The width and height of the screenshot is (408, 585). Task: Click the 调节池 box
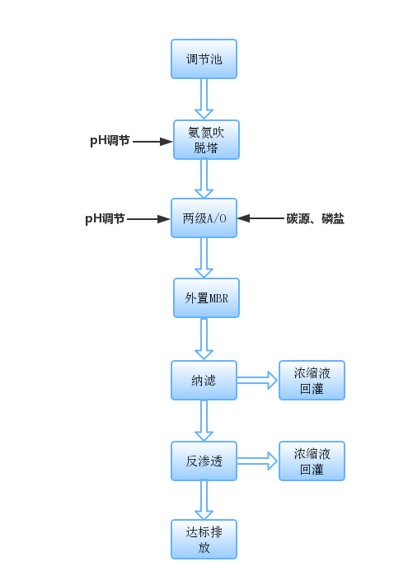(204, 59)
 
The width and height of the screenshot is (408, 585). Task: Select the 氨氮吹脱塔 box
(206, 139)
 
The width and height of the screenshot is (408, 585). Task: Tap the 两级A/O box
(204, 218)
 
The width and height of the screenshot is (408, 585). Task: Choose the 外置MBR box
(206, 297)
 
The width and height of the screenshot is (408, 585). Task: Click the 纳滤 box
(204, 380)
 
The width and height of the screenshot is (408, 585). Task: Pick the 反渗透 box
(204, 461)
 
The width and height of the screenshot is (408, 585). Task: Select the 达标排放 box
(204, 539)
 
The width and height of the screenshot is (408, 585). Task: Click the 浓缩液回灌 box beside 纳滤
(312, 380)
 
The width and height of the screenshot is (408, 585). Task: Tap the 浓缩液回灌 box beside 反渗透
(312, 461)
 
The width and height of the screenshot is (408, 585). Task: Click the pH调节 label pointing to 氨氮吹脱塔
(110, 141)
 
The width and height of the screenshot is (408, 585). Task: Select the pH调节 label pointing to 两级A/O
(105, 218)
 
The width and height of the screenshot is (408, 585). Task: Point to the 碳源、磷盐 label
(315, 218)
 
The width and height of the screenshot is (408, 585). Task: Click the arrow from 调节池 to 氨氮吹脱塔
(204, 99)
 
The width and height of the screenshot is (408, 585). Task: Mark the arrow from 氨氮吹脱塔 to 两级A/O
(204, 178)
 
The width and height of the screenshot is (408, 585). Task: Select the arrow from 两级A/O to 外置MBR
(204, 258)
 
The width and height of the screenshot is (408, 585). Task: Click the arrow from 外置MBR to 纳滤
(204, 339)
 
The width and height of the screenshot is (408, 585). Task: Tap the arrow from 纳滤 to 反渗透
(204, 420)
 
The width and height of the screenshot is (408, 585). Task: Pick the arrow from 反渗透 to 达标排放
(204, 500)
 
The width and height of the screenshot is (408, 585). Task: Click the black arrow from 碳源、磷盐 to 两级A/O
(261, 218)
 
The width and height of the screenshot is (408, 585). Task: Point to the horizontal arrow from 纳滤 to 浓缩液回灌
(257, 380)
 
